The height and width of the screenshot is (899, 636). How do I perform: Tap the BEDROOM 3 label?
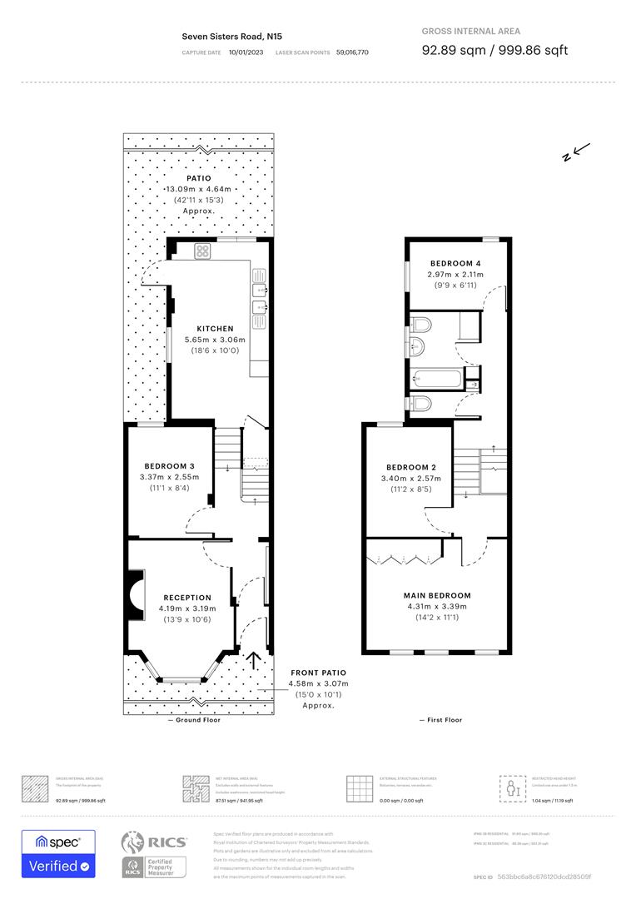170,465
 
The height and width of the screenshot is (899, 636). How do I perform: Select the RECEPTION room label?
187,598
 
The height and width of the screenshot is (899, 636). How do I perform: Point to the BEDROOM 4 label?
455,263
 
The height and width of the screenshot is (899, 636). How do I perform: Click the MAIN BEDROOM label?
437,596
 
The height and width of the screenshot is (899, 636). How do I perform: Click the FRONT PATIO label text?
318,673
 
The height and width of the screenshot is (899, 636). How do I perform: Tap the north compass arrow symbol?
576,152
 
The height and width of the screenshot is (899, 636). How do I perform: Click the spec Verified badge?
58,854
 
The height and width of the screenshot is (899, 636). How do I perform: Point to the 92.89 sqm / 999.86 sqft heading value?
494,51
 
